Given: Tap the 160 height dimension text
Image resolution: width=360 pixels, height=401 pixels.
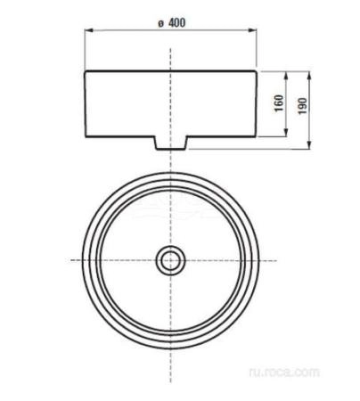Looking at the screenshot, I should click(279, 102).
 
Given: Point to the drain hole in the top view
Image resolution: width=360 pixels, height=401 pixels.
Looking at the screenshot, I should click(169, 260).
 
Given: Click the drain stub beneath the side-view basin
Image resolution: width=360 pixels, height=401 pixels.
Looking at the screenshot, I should click(169, 143).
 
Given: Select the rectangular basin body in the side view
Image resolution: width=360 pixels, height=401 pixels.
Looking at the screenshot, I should click(169, 102).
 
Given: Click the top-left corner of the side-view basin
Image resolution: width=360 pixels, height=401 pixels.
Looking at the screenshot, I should click(85, 70).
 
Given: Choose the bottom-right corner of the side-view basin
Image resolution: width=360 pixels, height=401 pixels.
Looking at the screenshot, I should click(254, 136).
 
